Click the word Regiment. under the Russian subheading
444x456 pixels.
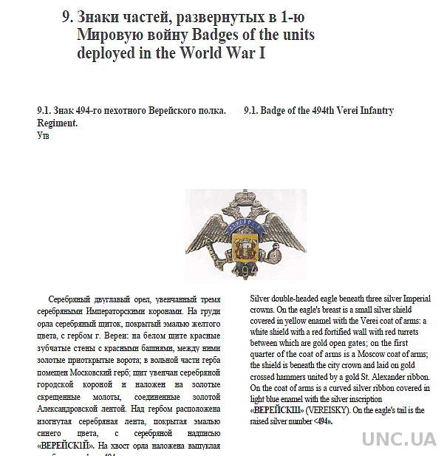click(x=57, y=123)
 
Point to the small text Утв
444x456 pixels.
click(x=43, y=135)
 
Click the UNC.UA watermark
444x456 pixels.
click(x=398, y=437)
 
